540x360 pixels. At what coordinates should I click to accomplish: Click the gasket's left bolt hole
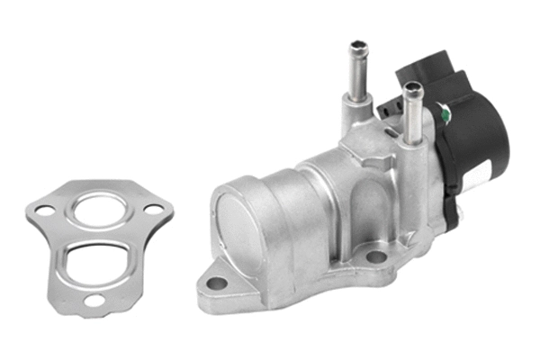coord(40,211)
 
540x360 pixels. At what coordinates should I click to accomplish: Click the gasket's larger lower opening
coord(96,259)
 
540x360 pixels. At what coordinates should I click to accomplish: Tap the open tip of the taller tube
coord(358,45)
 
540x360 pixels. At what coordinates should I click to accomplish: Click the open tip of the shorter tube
coord(412,87)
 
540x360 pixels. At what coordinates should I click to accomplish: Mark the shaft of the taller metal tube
coord(357,76)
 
